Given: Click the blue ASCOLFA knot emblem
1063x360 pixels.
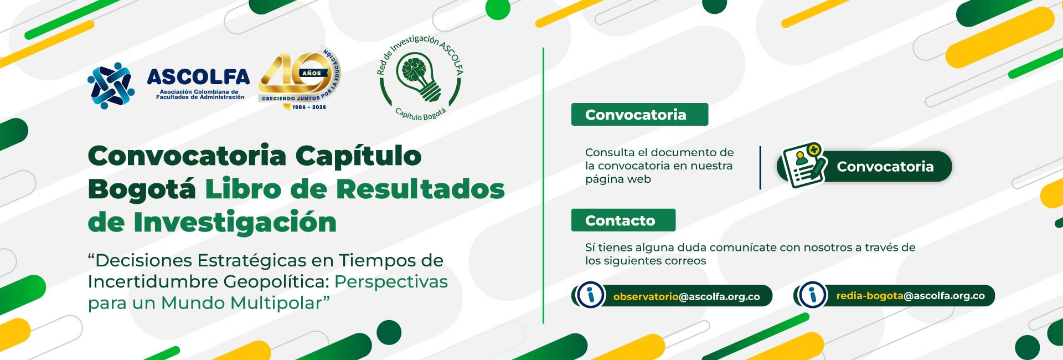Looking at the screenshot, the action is point(111,86).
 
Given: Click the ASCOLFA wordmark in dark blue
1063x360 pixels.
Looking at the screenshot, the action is point(198,76).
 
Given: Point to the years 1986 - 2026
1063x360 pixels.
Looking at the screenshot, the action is point(309,107).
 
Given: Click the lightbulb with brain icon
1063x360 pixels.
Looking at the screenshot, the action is point(422,76).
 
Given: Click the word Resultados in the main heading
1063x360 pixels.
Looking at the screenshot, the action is point(420,189).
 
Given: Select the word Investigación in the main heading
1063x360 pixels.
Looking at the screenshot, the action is point(235,223).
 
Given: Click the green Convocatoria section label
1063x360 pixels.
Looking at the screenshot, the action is point(639,115).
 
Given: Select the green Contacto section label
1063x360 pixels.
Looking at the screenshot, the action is point(623,220).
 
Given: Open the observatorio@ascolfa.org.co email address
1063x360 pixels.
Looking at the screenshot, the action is point(687,296).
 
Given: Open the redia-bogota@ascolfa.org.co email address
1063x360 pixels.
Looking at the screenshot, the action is point(910,296).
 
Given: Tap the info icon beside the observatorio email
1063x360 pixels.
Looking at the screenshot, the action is point(590,295).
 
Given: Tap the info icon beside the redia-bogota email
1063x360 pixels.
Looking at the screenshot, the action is point(813,295).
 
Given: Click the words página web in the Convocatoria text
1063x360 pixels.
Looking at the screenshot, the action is point(618,179).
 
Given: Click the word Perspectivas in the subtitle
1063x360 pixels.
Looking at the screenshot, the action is point(391,282).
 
